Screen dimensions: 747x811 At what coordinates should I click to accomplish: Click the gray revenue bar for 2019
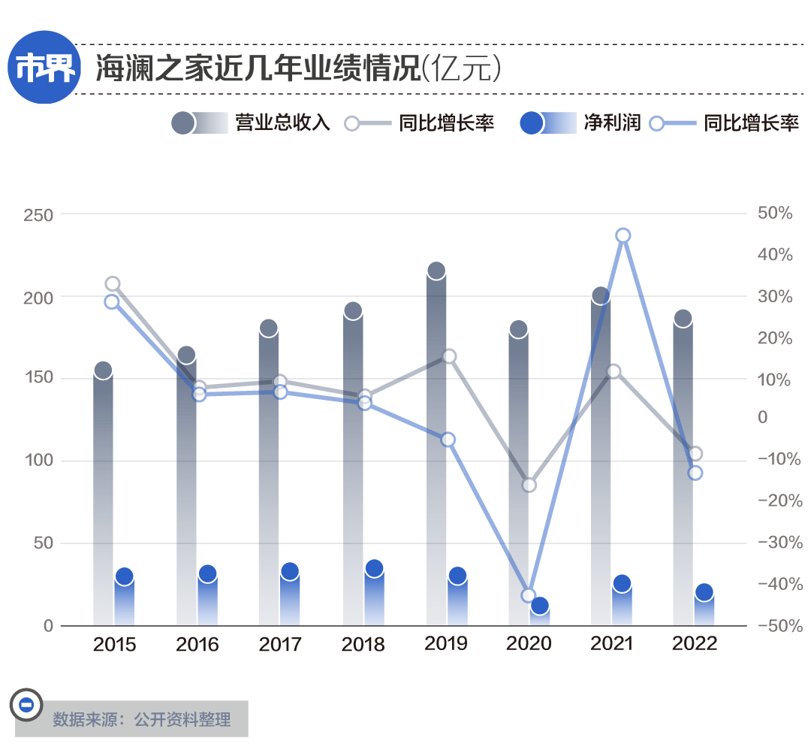click(x=436, y=451)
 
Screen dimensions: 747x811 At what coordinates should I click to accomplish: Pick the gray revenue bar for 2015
click(x=104, y=496)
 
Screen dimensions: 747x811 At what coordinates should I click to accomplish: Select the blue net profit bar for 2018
click(x=374, y=597)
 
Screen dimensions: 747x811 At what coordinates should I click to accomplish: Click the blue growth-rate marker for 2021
click(x=623, y=236)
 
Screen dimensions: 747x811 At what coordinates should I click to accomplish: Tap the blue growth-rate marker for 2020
click(x=528, y=596)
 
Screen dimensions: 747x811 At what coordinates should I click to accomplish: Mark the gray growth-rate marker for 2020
click(x=529, y=485)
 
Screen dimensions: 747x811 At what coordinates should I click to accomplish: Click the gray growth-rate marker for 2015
click(x=113, y=284)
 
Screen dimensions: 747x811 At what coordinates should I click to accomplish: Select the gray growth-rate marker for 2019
click(x=449, y=356)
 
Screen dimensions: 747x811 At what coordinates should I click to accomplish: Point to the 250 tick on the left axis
click(x=38, y=215)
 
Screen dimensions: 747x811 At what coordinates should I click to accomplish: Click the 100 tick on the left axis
click(x=38, y=460)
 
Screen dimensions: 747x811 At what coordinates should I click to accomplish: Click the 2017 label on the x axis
click(x=280, y=644)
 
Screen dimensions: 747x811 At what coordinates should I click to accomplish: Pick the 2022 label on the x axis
click(x=695, y=643)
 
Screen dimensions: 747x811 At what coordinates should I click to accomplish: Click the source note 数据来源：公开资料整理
click(x=141, y=719)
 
